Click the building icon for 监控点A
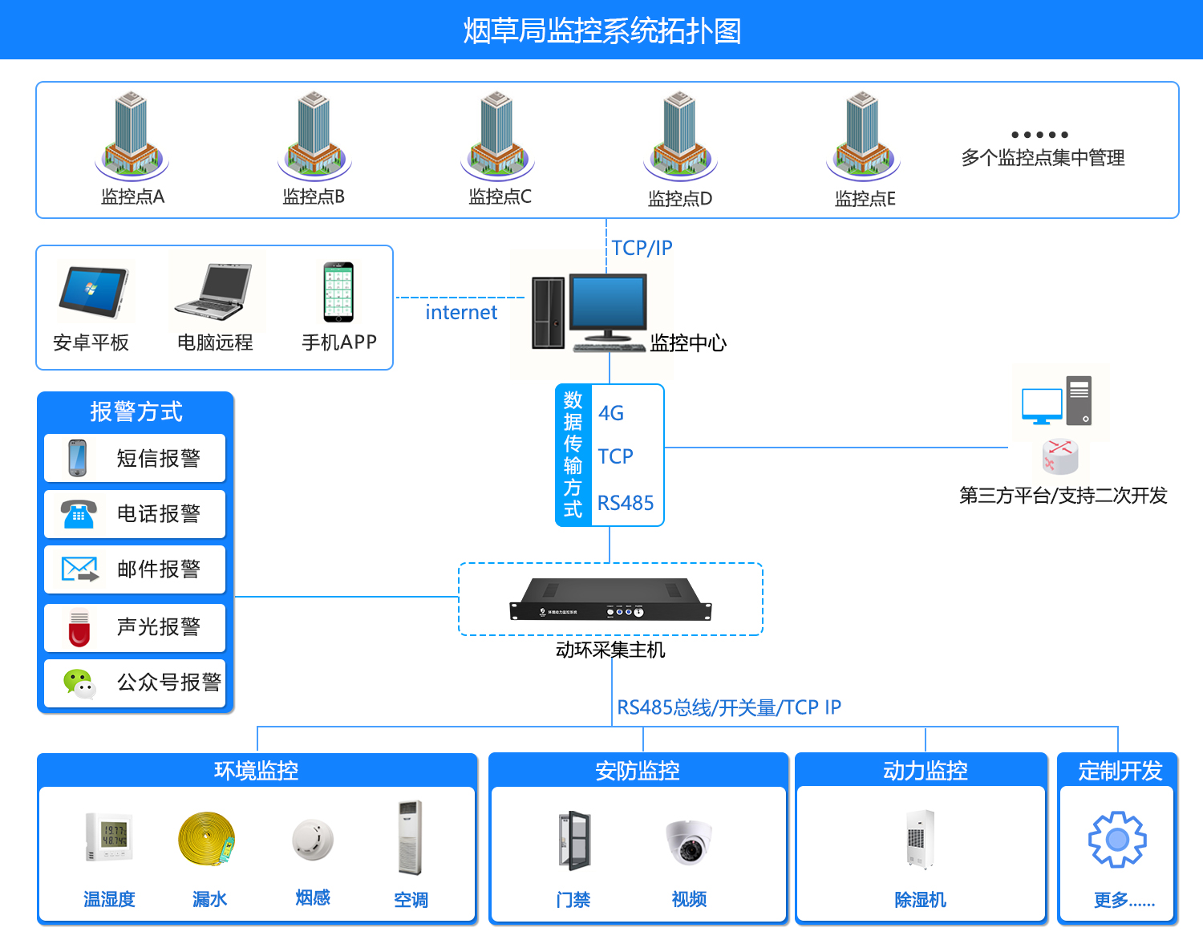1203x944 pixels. click(x=132, y=135)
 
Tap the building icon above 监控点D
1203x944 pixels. click(x=680, y=135)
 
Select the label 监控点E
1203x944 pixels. click(x=865, y=198)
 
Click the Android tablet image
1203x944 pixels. click(x=92, y=294)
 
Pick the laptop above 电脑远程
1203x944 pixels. click(x=214, y=292)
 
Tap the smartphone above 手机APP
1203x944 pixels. click(x=338, y=292)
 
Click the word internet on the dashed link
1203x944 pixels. click(x=461, y=312)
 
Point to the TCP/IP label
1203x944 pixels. click(x=642, y=248)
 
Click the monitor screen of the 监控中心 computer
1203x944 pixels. click(x=608, y=302)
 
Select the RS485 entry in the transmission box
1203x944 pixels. click(x=626, y=503)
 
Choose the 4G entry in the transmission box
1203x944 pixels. click(x=611, y=413)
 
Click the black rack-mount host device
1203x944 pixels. click(x=610, y=600)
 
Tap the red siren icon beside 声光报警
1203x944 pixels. click(x=79, y=628)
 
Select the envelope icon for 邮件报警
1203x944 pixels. click(x=79, y=569)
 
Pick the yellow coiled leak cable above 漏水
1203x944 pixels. click(x=207, y=839)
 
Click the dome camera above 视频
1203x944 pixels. click(x=689, y=841)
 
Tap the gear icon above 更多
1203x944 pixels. click(x=1117, y=840)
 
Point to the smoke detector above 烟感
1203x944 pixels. click(x=313, y=839)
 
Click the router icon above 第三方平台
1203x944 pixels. click(x=1060, y=457)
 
